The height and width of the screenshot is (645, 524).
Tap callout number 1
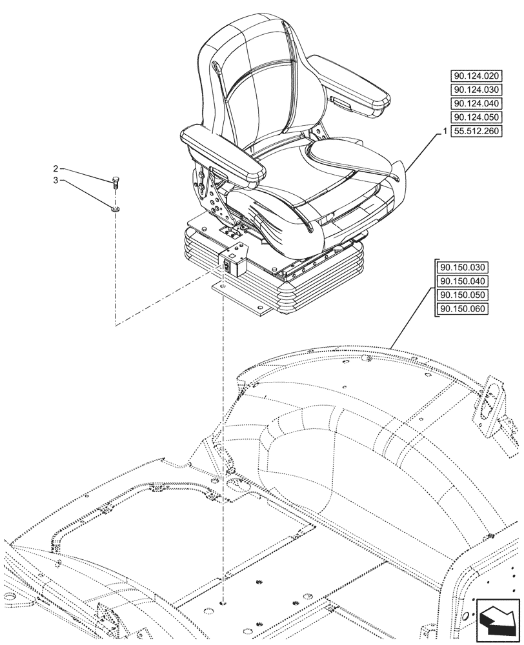[445, 132]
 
